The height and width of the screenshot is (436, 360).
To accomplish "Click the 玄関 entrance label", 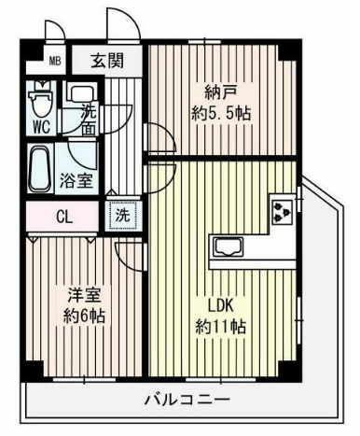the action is click(107, 61).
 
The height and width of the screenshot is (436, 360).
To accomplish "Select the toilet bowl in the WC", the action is click(41, 100).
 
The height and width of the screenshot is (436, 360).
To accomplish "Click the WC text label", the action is click(42, 127).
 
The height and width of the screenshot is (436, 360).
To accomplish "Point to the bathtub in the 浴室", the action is click(40, 169).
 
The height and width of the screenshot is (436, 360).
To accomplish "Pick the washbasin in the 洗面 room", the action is click(81, 93).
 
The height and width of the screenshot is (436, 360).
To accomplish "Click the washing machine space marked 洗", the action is click(123, 216).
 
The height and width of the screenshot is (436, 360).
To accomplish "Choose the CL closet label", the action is click(64, 217).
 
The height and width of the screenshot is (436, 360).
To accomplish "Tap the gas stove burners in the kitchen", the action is click(282, 212).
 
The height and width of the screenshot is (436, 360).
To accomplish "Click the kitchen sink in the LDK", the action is click(228, 246).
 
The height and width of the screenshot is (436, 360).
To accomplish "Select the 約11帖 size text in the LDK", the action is click(220, 327).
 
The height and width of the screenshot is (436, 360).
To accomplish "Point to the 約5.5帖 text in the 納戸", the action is click(221, 113).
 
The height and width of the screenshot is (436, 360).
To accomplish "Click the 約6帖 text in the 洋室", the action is click(84, 316).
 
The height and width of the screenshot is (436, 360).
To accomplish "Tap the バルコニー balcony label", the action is click(187, 400).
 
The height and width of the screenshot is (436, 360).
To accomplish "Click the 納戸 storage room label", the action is click(221, 92).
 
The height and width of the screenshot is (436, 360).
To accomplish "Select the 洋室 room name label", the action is click(85, 295).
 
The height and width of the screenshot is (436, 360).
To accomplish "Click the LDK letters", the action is click(220, 305).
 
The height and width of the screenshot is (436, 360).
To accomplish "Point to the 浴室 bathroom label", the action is click(76, 180).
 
